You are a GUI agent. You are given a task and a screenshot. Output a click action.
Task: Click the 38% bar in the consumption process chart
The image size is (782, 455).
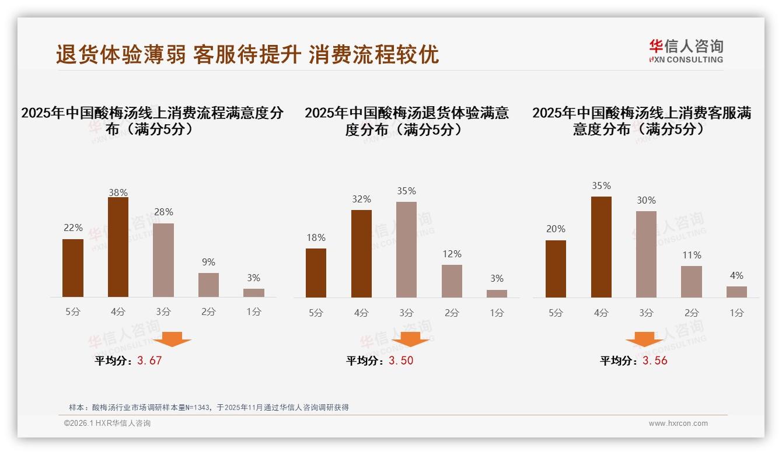(x=118, y=247)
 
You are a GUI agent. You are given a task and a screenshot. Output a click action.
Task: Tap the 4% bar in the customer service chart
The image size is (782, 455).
(x=736, y=292)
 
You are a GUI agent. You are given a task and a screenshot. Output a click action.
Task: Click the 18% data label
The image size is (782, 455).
(x=316, y=237)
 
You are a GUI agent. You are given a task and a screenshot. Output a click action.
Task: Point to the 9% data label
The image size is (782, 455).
(x=208, y=262)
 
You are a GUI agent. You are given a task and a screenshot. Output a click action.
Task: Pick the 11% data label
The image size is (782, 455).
(x=692, y=255)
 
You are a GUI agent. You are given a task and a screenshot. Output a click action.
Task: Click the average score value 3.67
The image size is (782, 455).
(x=149, y=360)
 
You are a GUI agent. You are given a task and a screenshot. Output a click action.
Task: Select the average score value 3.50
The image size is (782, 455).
(x=401, y=360)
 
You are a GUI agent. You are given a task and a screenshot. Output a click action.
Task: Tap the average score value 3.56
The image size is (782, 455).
(x=655, y=360)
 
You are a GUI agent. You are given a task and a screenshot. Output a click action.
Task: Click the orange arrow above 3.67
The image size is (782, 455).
(x=172, y=339)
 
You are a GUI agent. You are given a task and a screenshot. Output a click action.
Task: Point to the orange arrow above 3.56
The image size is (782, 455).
(x=644, y=339)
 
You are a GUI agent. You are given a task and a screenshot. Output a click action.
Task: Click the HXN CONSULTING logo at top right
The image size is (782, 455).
(x=686, y=51)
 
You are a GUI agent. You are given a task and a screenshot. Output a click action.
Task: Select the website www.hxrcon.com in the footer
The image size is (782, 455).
(x=678, y=423)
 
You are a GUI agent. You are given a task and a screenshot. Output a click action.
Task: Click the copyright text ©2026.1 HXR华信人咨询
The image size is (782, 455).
(x=107, y=423)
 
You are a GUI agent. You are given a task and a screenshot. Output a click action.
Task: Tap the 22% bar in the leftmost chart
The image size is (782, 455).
(x=73, y=268)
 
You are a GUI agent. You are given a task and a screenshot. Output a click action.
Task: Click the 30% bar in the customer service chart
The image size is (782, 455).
(x=646, y=254)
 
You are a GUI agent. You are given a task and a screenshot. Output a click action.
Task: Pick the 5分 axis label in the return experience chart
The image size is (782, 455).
(x=316, y=313)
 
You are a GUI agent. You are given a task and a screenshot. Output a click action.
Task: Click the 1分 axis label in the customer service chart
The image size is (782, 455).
(x=736, y=313)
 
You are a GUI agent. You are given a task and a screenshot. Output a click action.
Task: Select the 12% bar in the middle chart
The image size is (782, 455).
(x=452, y=281)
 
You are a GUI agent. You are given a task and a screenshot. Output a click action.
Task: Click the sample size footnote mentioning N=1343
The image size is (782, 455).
(x=208, y=407)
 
